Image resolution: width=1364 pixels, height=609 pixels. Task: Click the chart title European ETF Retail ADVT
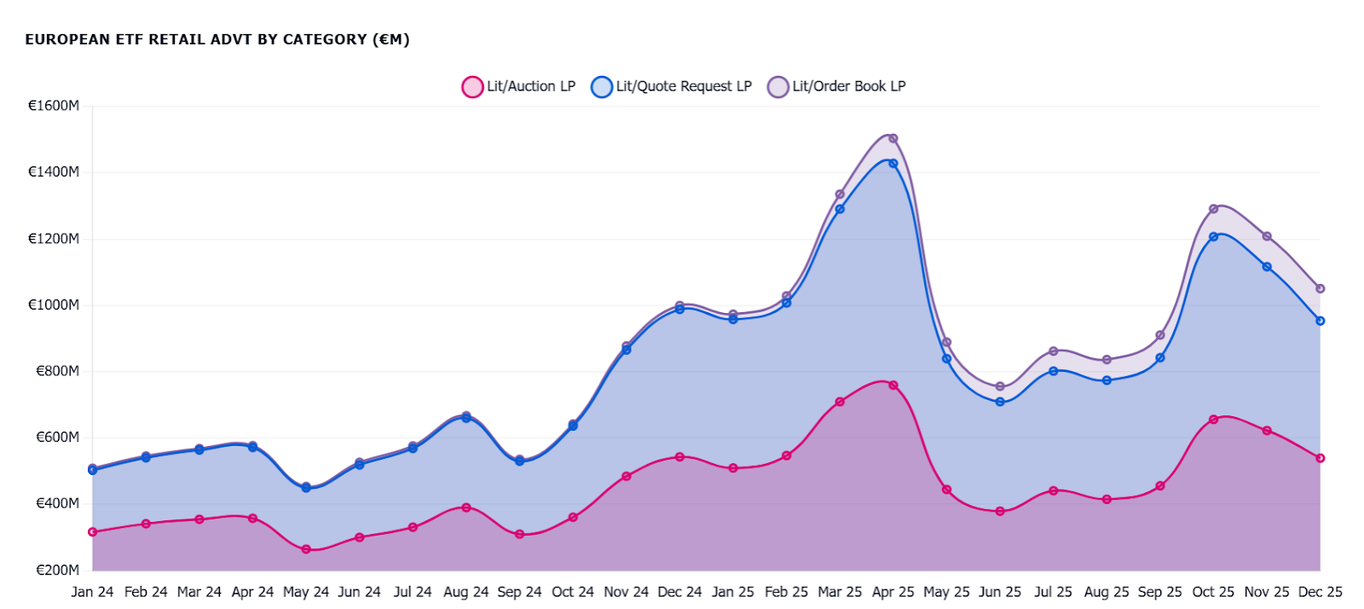click(x=217, y=39)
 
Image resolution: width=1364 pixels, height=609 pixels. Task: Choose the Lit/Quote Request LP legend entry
click(x=672, y=86)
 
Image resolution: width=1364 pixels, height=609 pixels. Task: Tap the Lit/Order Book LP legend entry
click(x=837, y=86)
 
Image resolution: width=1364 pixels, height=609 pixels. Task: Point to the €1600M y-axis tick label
click(x=54, y=106)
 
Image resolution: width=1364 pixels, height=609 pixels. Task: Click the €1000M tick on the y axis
click(x=54, y=304)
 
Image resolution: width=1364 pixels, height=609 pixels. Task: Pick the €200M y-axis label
click(x=57, y=570)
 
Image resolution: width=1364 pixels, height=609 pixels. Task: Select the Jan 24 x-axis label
click(x=92, y=591)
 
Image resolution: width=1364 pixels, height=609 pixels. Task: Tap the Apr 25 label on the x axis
click(x=893, y=591)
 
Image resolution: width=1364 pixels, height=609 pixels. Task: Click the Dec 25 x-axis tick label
click(x=1320, y=591)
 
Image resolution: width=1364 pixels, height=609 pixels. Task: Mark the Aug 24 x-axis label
click(x=465, y=591)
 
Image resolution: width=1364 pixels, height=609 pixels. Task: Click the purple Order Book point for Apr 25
click(x=893, y=138)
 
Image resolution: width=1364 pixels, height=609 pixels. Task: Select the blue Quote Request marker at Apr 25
click(x=893, y=163)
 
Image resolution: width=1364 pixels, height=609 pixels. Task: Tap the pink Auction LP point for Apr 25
click(x=893, y=386)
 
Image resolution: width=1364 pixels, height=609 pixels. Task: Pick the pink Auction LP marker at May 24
click(x=306, y=549)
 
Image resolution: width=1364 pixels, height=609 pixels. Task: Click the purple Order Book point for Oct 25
click(x=1213, y=209)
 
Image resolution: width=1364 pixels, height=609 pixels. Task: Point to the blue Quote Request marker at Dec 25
click(x=1320, y=321)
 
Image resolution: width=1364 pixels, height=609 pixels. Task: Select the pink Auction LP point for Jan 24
click(x=92, y=532)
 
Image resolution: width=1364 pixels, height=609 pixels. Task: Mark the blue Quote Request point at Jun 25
click(x=1000, y=402)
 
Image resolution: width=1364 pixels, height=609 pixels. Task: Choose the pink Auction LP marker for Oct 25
click(x=1213, y=420)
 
